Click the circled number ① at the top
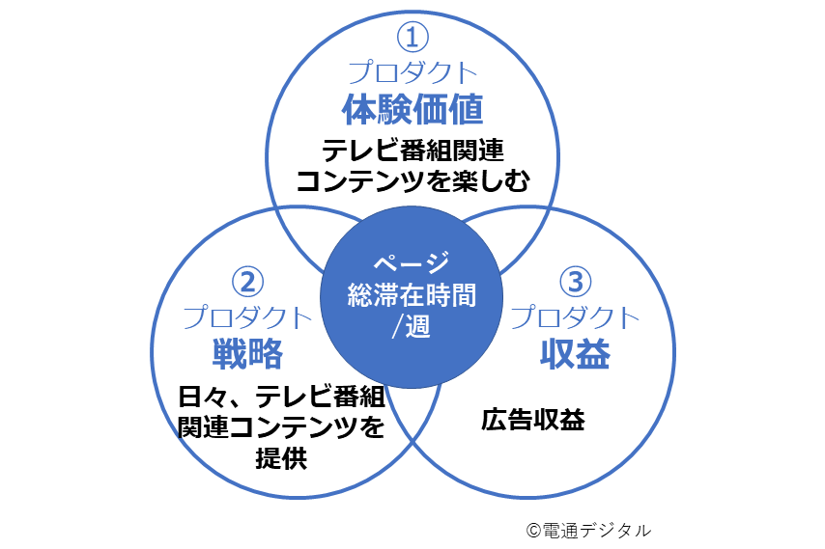pos(412,38)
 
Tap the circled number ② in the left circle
pos(247,282)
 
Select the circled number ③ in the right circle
pos(575,282)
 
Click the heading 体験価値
pos(412,109)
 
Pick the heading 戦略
pos(247,354)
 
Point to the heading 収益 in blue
pos(575,354)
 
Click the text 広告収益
pos(532,421)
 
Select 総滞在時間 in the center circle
pos(412,294)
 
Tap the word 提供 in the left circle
pos(280,458)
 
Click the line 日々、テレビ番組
pos(281,396)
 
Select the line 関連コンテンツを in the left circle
pos(281,426)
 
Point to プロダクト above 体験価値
pos(412,72)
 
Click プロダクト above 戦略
pos(247,317)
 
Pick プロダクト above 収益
pos(575,317)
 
